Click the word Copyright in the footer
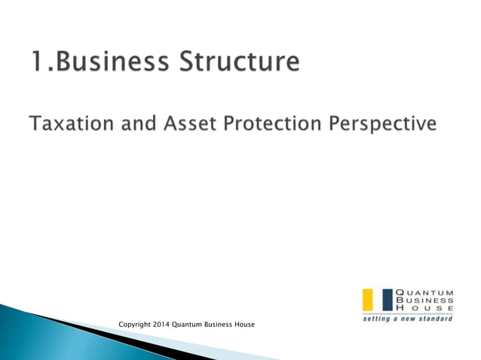pyautogui.click(x=136, y=325)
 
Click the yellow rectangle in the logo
pyautogui.click(x=369, y=300)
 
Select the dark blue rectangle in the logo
pyautogui.click(x=388, y=300)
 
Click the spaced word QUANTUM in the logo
pyautogui.click(x=425, y=292)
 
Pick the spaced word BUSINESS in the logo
pyautogui.click(x=425, y=301)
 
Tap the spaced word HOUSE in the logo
pyautogui.click(x=425, y=309)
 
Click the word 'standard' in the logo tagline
pyautogui.click(x=437, y=319)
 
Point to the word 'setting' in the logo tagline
pyautogui.click(x=375, y=319)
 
